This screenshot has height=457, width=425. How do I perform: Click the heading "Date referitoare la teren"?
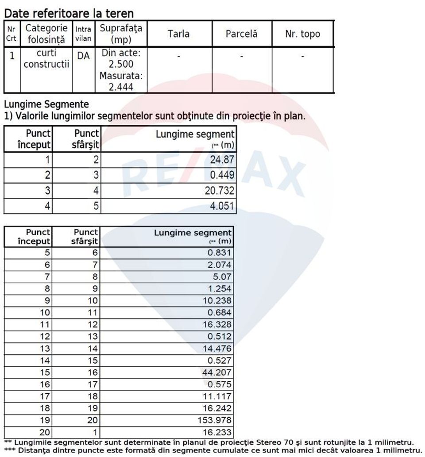coord(69,14)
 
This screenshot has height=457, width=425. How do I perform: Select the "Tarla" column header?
coord(178,34)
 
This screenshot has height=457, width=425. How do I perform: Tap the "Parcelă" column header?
coord(241,34)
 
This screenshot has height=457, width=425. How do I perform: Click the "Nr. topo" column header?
coord(303,34)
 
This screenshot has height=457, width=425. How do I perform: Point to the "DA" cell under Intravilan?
coord(83,56)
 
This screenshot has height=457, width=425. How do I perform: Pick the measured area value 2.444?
coord(121,87)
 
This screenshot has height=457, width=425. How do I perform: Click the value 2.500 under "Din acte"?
coord(121,65)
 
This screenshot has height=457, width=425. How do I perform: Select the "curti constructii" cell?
coord(46,59)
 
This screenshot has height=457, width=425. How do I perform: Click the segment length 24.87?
coord(222,160)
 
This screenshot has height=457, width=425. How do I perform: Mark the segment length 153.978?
coord(216,420)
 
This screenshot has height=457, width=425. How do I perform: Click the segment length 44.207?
coord(217,373)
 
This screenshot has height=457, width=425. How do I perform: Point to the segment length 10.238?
coord(217,301)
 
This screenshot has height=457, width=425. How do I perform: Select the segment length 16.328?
coord(217,325)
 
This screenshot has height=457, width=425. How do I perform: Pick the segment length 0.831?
coord(220,253)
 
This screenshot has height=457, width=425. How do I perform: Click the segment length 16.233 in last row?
coord(217,432)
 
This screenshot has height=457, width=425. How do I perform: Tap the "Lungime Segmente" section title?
coord(46,105)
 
